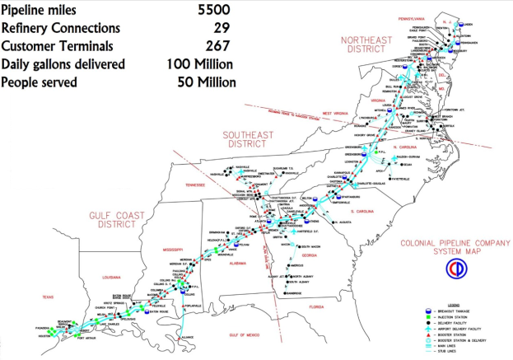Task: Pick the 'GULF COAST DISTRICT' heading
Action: click(x=112, y=218)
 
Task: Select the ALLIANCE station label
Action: click(x=188, y=336)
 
